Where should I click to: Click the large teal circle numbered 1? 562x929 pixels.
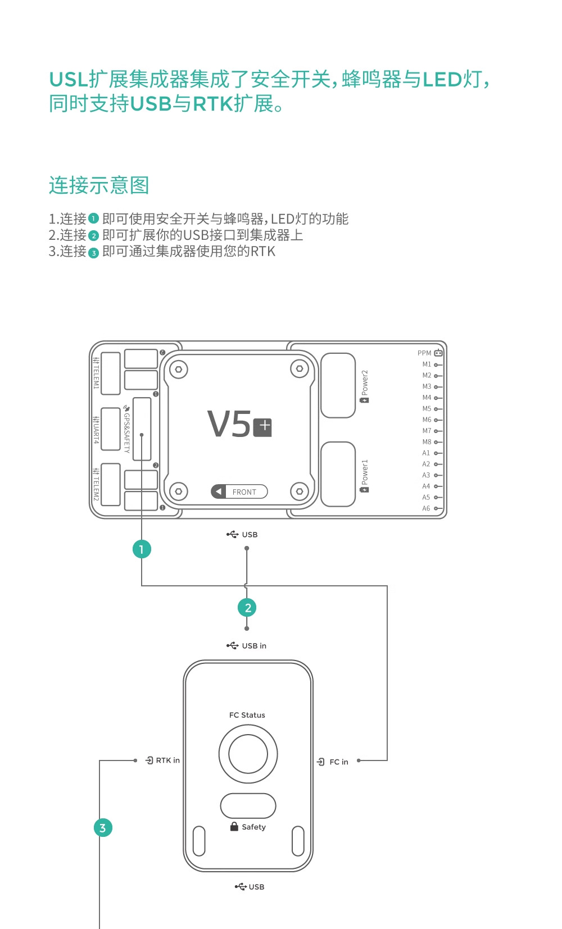click(142, 549)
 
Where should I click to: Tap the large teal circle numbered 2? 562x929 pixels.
click(247, 608)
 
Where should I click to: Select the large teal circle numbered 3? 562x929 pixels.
click(103, 828)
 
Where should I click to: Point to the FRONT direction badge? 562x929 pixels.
click(239, 491)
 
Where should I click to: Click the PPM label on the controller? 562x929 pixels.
click(424, 353)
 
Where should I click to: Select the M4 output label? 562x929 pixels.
click(427, 397)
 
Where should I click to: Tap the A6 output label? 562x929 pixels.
click(426, 508)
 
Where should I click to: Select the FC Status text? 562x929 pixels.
click(247, 715)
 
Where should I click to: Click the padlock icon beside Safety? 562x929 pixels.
click(234, 827)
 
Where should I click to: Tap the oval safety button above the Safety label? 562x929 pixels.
click(248, 806)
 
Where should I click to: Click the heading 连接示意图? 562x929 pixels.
click(99, 185)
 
